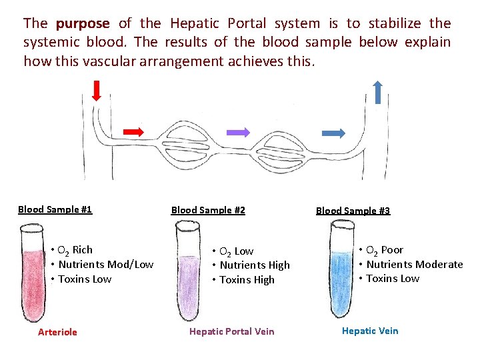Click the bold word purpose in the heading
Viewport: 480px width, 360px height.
[83, 24]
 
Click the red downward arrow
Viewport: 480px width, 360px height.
[97, 90]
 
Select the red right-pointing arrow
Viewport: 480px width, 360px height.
[133, 131]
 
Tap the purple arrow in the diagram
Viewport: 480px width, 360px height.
[238, 132]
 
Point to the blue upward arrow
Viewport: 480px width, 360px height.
[377, 92]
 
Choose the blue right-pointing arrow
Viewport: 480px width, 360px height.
[333, 133]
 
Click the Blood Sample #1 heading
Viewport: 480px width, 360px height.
[55, 209]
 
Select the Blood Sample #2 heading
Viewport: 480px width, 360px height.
[208, 210]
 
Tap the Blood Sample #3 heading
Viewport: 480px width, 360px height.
[353, 211]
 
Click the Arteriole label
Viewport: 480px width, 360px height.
[57, 332]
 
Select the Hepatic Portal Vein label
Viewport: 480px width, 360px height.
[231, 331]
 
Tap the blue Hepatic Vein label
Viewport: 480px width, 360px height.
[370, 331]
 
